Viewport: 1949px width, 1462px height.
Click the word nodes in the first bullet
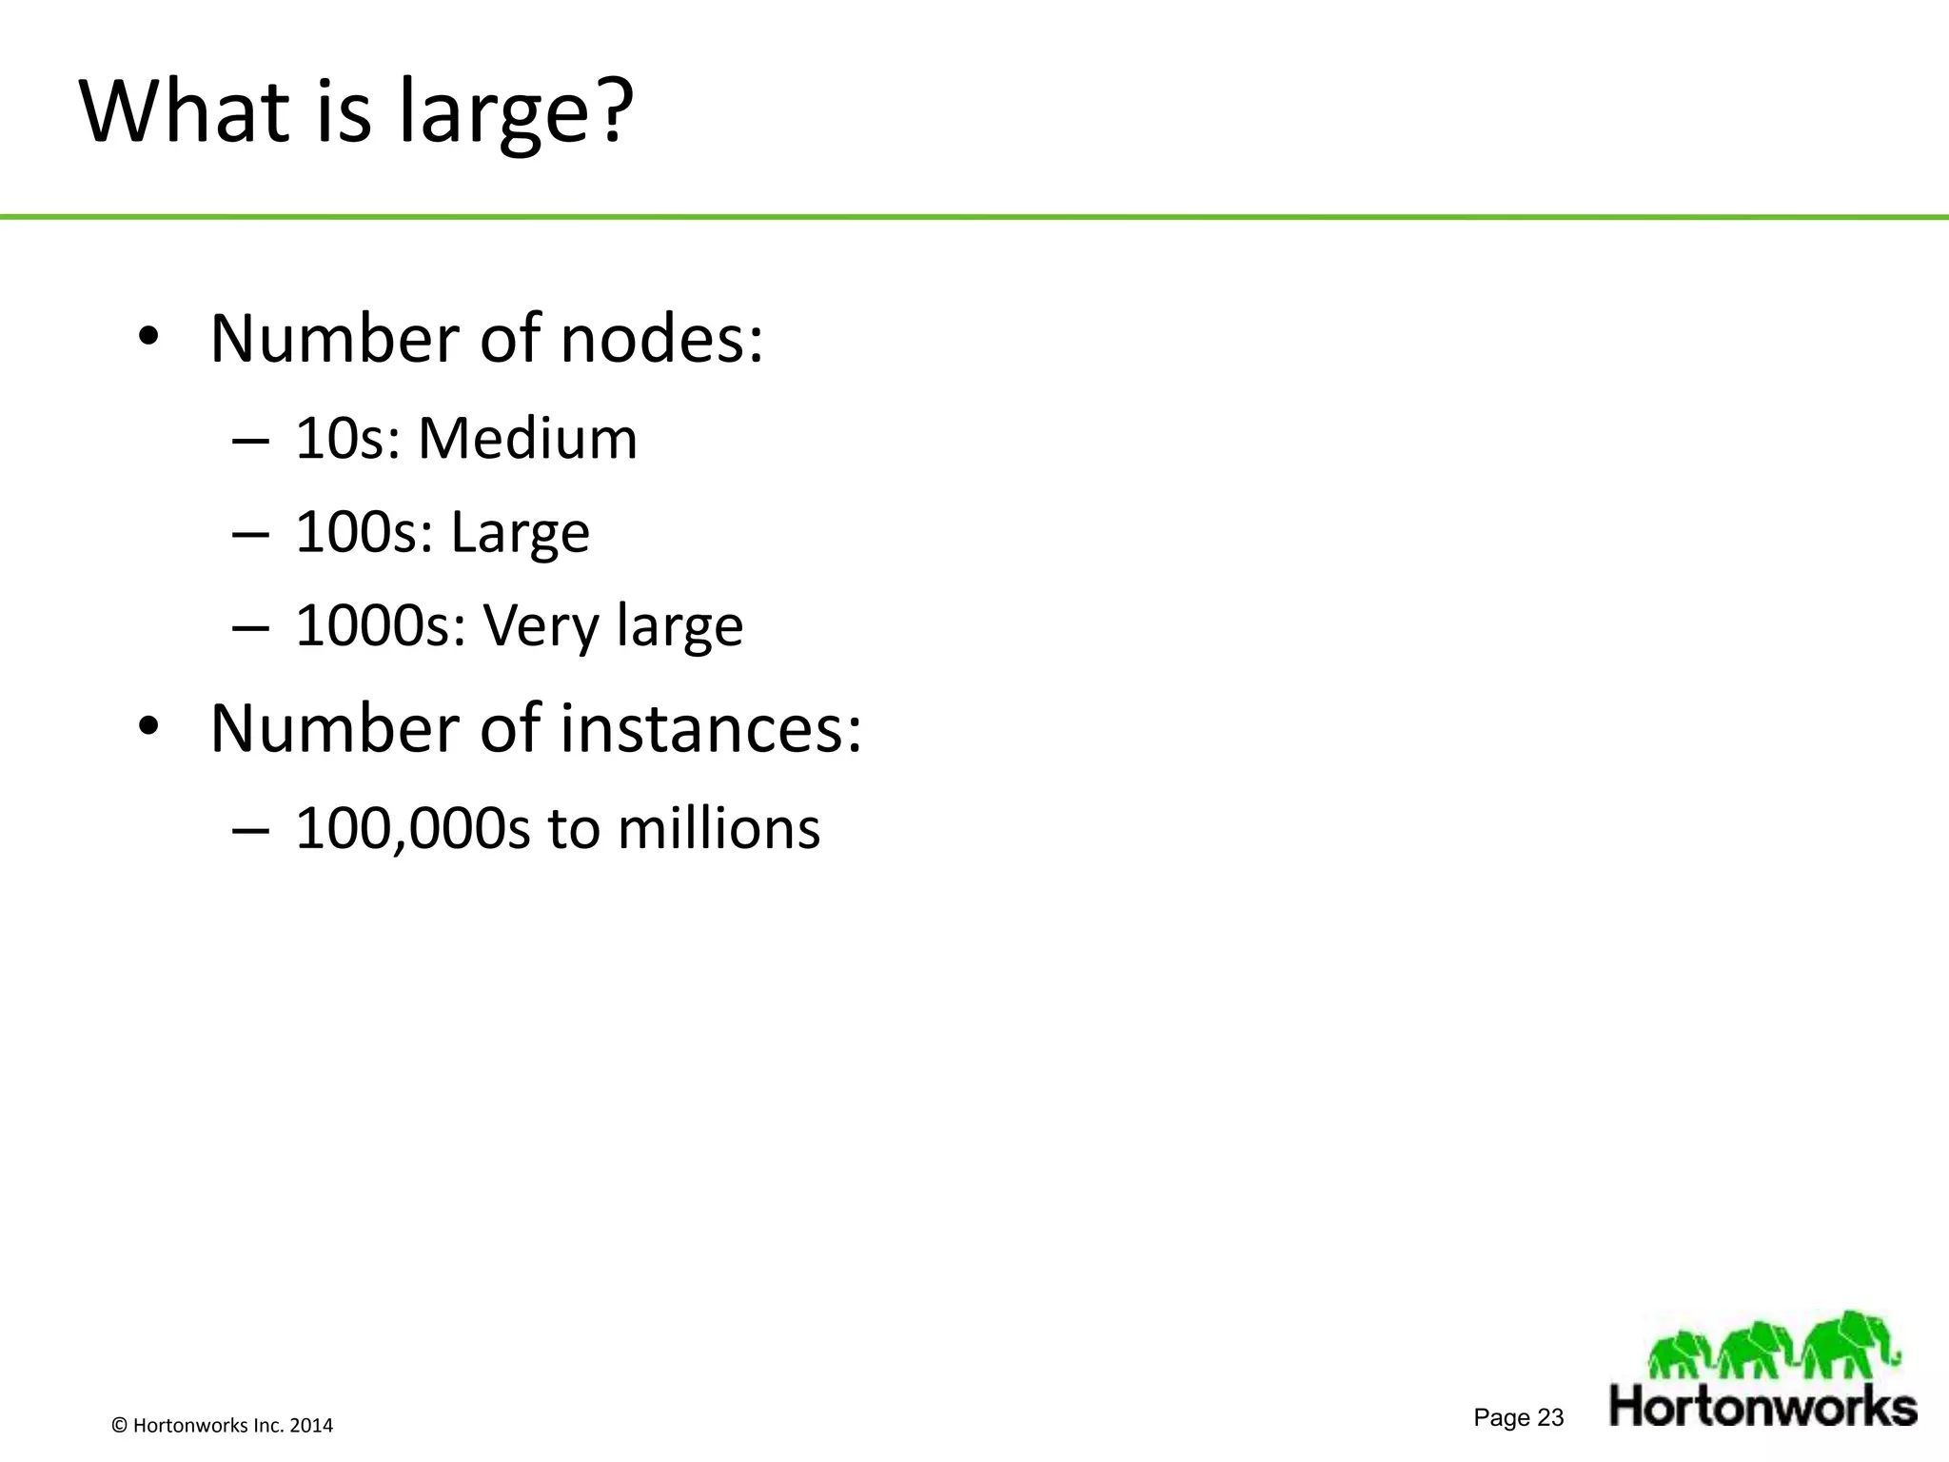[661, 339]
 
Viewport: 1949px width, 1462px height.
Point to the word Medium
[527, 439]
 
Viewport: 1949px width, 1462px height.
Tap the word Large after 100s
[520, 533]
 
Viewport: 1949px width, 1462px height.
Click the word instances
[710, 728]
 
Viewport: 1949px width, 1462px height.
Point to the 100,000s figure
[412, 828]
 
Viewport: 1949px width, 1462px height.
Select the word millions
[719, 828]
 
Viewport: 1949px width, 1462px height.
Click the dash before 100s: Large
[250, 534]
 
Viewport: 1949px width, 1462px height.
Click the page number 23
[1550, 1418]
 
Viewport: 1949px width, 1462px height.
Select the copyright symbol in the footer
[119, 1426]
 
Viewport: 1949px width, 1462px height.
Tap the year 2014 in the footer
[311, 1426]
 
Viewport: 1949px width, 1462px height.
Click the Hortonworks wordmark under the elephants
[1762, 1406]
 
